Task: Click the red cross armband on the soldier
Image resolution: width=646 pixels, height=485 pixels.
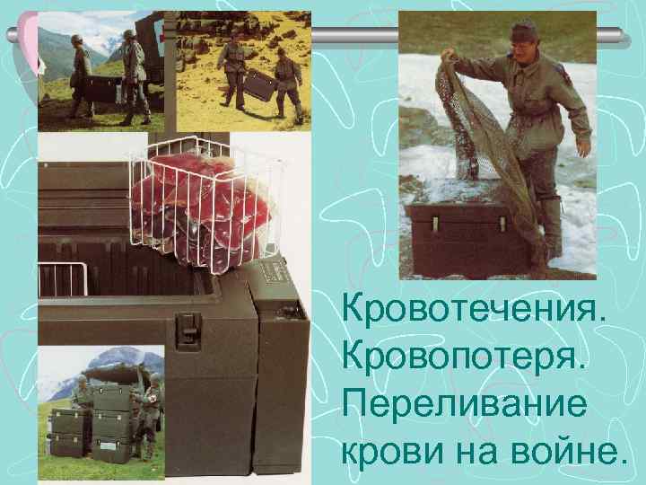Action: (x=153, y=399)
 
